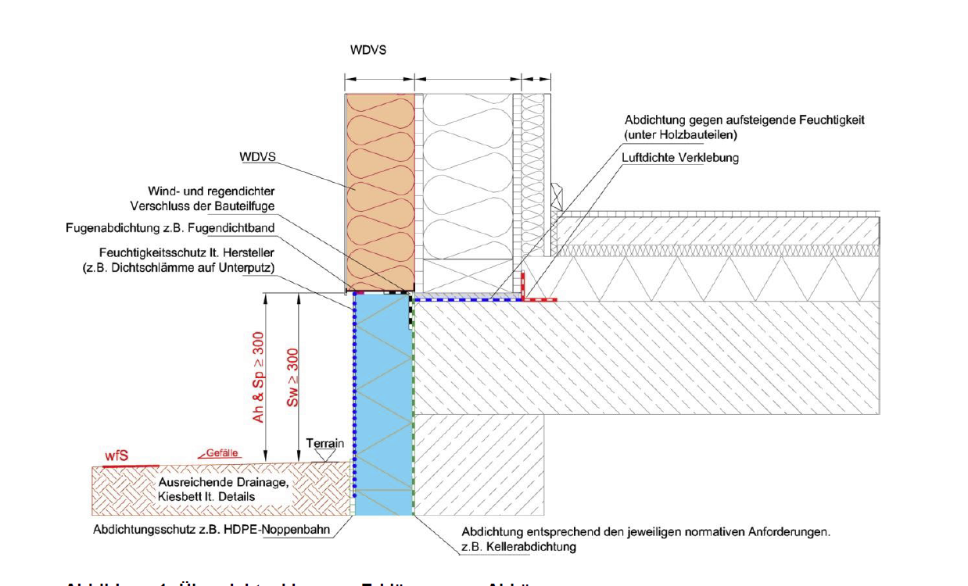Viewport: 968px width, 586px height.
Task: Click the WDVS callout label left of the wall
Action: point(259,158)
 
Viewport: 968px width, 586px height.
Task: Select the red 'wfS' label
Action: point(116,456)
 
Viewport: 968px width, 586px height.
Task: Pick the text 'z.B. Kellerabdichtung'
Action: point(519,547)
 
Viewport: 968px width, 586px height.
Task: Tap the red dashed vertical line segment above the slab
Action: point(524,284)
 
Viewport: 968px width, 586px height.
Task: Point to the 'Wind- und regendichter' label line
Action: point(213,191)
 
